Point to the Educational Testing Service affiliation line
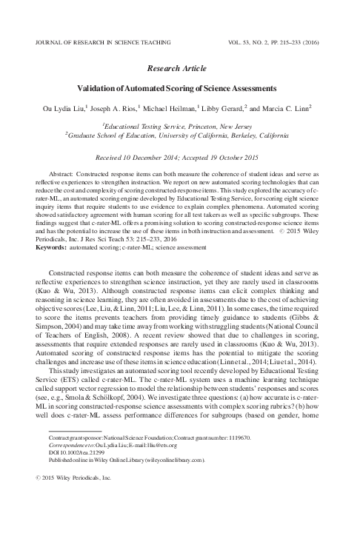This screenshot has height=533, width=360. pos(180,127)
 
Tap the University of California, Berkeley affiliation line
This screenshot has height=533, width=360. pos(180,137)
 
